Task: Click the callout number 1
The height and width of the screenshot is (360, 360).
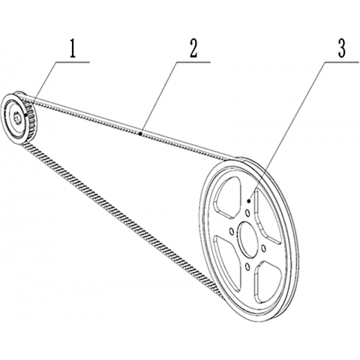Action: coord(73,49)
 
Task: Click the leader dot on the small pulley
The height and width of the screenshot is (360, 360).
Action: coord(26,115)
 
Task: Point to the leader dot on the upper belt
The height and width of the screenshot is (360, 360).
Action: coord(141,134)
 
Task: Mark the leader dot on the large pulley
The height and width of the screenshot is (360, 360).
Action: coord(248,201)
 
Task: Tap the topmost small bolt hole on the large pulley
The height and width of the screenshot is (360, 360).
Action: coord(247,213)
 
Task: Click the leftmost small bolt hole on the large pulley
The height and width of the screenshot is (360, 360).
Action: coord(231,232)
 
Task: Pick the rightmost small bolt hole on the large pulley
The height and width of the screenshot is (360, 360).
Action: coord(263,247)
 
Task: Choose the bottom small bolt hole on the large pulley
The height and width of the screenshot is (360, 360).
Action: coord(247,267)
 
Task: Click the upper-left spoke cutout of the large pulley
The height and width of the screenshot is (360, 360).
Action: coord(227,196)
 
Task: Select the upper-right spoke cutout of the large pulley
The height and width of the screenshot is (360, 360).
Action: coord(268,215)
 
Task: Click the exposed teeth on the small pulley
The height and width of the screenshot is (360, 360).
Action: coord(31,120)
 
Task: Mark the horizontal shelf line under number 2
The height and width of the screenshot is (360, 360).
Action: coord(193,61)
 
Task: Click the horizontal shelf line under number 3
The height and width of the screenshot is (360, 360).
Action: coord(342,61)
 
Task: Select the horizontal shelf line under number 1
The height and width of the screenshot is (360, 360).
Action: coord(73,61)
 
